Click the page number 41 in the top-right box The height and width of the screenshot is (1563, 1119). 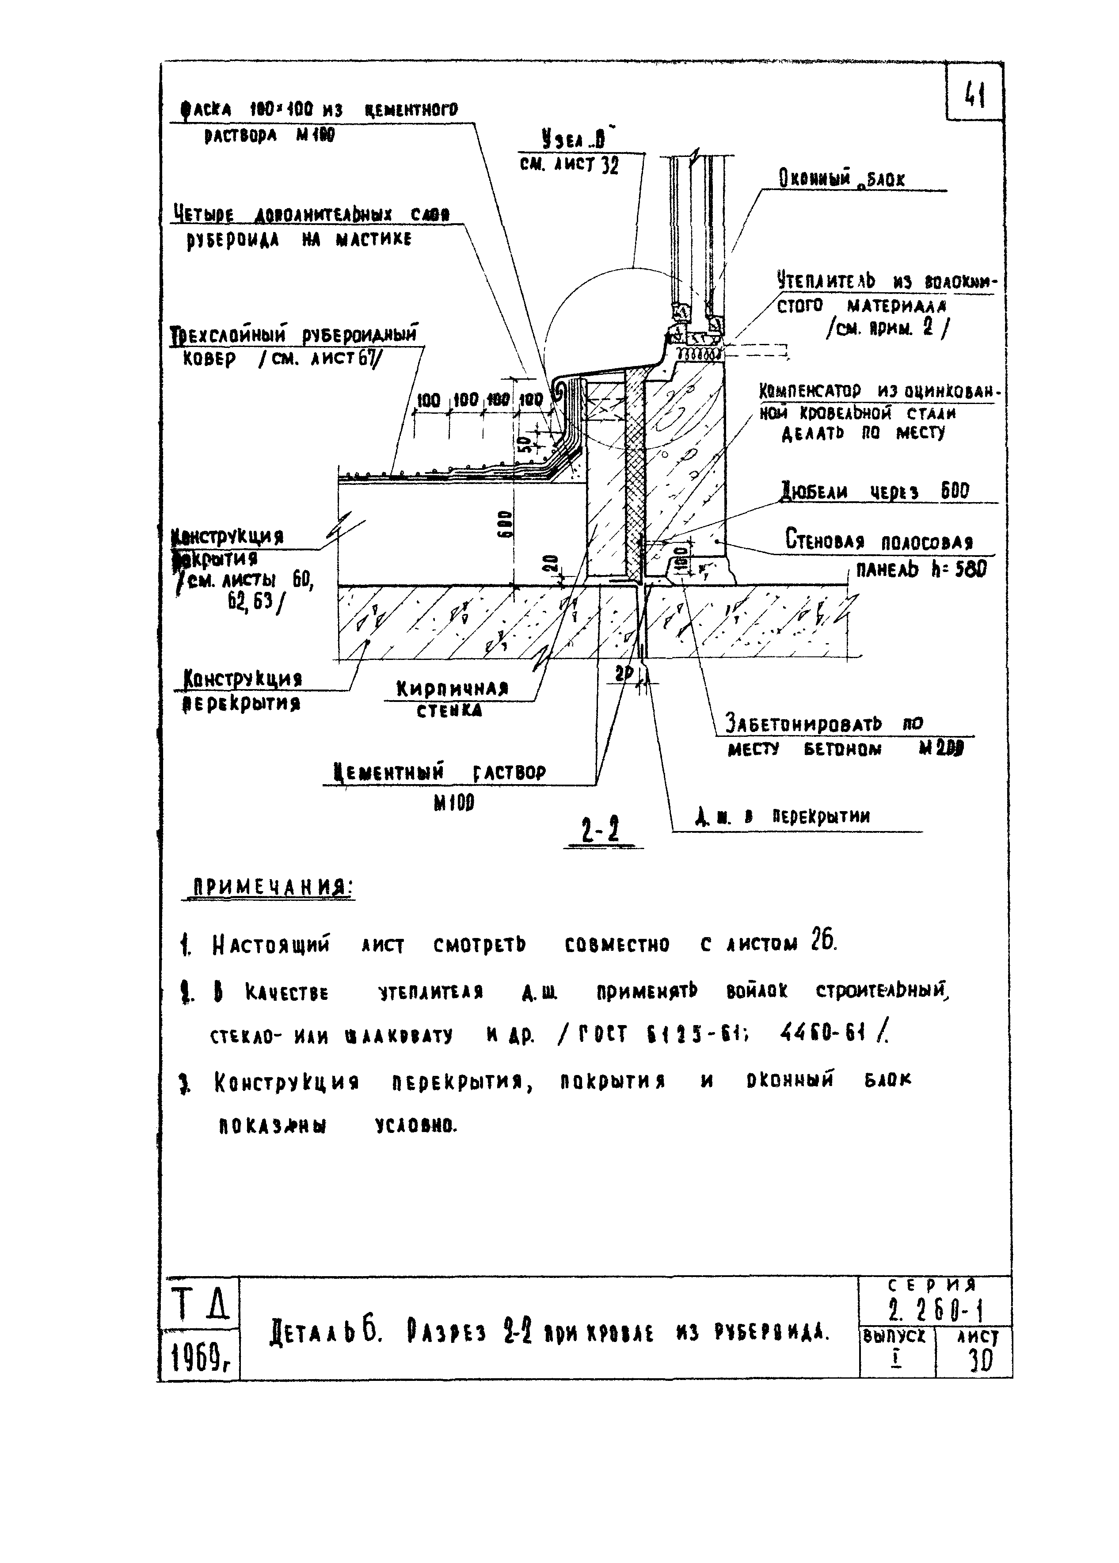974,95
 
